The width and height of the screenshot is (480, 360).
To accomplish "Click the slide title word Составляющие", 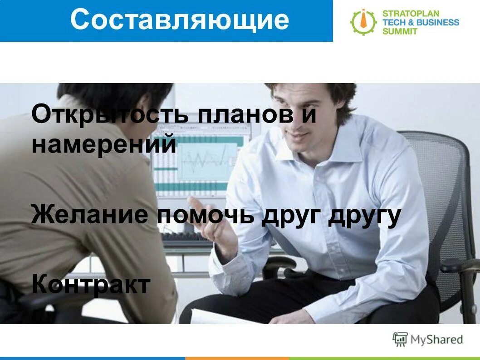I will (x=179, y=20).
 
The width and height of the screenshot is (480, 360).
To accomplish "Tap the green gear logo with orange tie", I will (x=363, y=22).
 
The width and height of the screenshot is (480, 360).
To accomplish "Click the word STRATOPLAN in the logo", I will (x=411, y=13).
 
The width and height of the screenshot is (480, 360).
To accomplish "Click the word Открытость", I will (x=110, y=114).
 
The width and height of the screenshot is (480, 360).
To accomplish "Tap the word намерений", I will (x=103, y=144).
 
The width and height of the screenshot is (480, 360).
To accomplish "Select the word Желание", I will (x=89, y=214).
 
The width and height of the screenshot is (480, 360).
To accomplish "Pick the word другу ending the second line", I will (x=364, y=215).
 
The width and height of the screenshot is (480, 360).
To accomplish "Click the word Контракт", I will (x=91, y=285).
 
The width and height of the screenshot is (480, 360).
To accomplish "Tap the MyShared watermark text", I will (x=436, y=340).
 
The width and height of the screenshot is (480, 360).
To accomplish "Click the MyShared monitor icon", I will (x=400, y=339).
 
